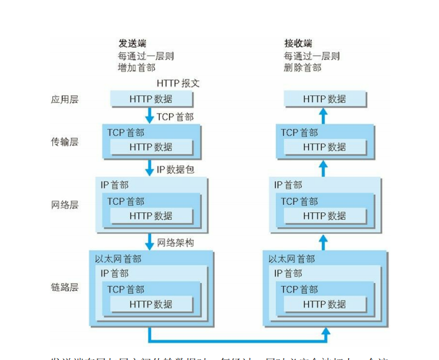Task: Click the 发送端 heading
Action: click(x=132, y=44)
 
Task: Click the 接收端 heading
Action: click(x=298, y=44)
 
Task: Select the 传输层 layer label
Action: click(x=64, y=142)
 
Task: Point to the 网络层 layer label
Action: click(x=64, y=205)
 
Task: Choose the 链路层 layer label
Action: click(x=64, y=287)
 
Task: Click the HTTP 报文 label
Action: click(x=178, y=83)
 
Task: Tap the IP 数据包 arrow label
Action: click(x=175, y=170)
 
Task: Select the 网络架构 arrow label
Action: click(x=175, y=243)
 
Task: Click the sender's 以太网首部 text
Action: click(x=118, y=259)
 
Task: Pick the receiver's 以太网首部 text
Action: click(x=292, y=259)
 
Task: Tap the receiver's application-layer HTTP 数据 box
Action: click(x=324, y=99)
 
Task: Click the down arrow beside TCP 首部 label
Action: click(x=150, y=116)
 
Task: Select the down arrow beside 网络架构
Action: click(x=150, y=242)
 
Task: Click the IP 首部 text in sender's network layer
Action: click(x=114, y=185)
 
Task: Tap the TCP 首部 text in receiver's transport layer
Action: click(x=299, y=133)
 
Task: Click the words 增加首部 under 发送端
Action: click(x=136, y=68)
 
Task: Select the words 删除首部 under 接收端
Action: click(x=302, y=68)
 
